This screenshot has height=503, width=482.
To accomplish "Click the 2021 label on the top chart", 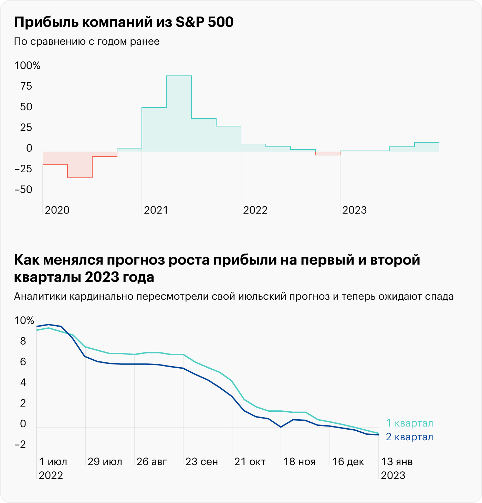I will [x=156, y=210].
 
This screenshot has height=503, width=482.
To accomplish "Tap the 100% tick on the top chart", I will [x=27, y=65].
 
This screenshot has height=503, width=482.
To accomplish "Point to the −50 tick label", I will [x=23, y=189].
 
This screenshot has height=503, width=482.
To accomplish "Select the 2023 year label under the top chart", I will [x=354, y=210].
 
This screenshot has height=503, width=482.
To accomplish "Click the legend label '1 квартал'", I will [x=409, y=423].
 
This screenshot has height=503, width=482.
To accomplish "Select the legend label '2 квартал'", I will [x=409, y=437].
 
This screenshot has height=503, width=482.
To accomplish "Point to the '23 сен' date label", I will [x=201, y=462].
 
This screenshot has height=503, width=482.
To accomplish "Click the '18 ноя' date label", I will [x=299, y=462].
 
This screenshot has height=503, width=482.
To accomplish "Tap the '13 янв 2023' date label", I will [x=397, y=468].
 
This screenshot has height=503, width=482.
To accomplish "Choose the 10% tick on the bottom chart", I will [x=24, y=320].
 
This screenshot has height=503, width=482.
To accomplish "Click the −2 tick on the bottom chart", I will [x=20, y=444].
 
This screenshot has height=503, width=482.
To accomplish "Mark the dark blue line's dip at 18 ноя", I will [x=281, y=427].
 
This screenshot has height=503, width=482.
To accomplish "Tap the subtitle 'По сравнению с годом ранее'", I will [x=87, y=41].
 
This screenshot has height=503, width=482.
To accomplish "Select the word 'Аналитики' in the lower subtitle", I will [x=40, y=296].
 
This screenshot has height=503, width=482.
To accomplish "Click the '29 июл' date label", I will [x=105, y=462].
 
